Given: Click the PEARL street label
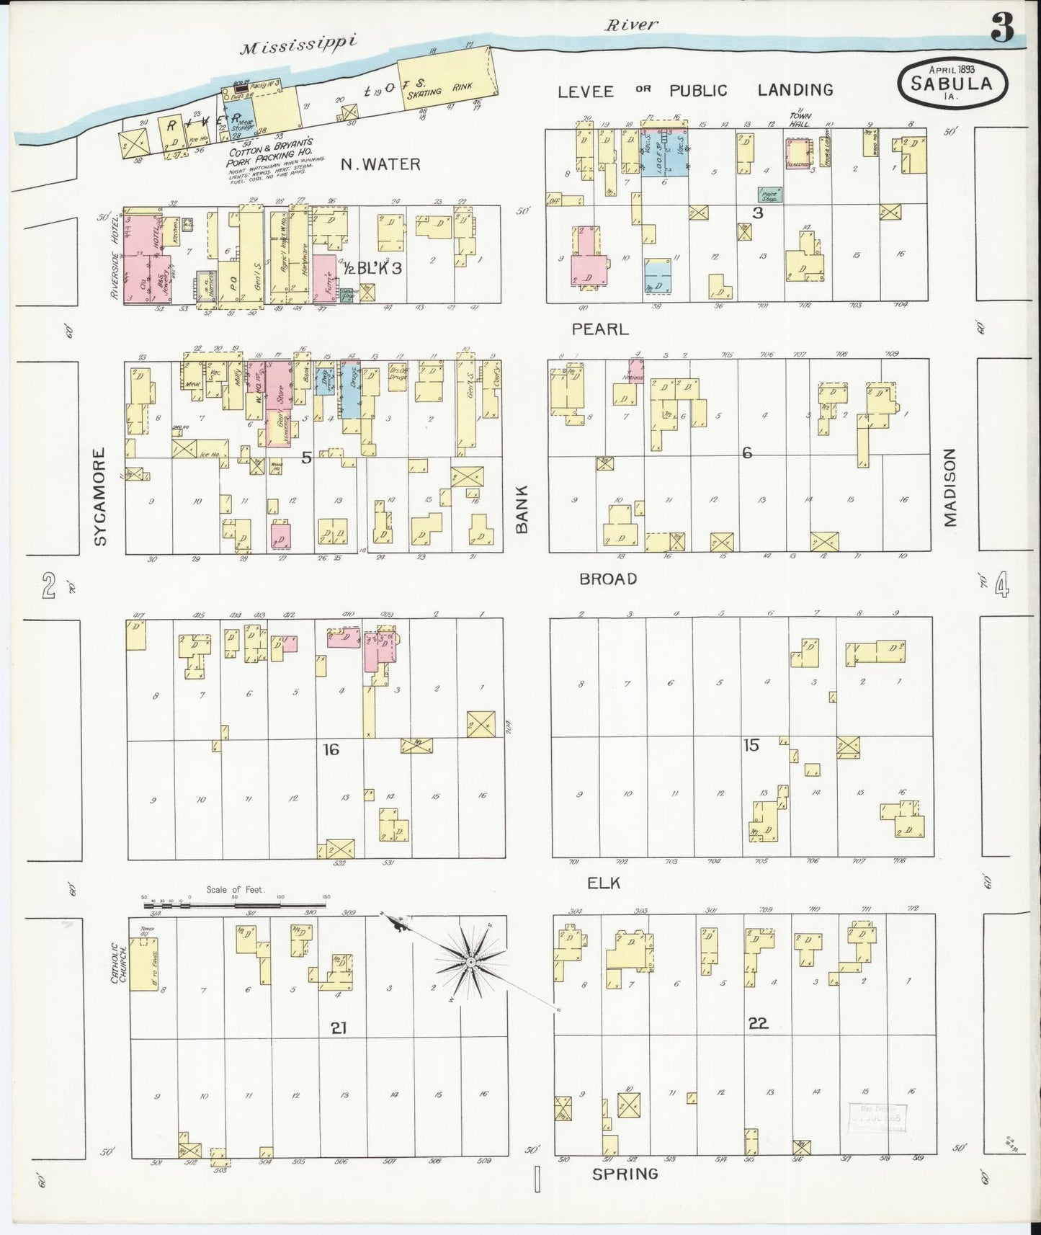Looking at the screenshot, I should click(600, 329).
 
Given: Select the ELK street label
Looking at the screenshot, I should click(604, 883).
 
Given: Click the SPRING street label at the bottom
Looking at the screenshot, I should click(625, 1174).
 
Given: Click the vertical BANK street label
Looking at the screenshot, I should click(522, 509).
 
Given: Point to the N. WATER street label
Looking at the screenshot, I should click(380, 164).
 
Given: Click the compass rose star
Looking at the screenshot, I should click(470, 961).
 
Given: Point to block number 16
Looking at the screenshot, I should click(331, 750).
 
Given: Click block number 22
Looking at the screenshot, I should click(759, 1022).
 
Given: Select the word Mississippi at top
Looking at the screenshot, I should click(298, 45).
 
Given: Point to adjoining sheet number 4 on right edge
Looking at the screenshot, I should click(1001, 585).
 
